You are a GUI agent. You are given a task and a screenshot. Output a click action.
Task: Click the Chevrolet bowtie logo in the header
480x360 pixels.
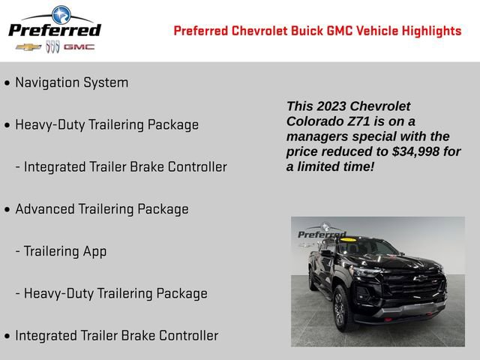coord(28,46)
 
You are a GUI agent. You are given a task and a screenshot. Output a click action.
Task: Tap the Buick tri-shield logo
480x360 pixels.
coord(52,46)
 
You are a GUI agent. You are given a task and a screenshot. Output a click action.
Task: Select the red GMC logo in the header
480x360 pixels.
coord(79,46)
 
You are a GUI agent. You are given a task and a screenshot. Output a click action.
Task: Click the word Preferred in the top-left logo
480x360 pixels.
coord(54,30)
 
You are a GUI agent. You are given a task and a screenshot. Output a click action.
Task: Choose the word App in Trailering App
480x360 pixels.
coord(94,251)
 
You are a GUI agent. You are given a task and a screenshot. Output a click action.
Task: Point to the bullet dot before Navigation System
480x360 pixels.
coord(7,83)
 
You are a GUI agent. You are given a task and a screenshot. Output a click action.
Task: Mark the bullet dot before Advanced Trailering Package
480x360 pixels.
coord(7,210)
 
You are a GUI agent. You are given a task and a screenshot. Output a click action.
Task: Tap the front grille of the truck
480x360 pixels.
coord(413,289)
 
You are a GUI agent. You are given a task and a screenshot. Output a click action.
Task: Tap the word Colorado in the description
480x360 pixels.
coord(313,121)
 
